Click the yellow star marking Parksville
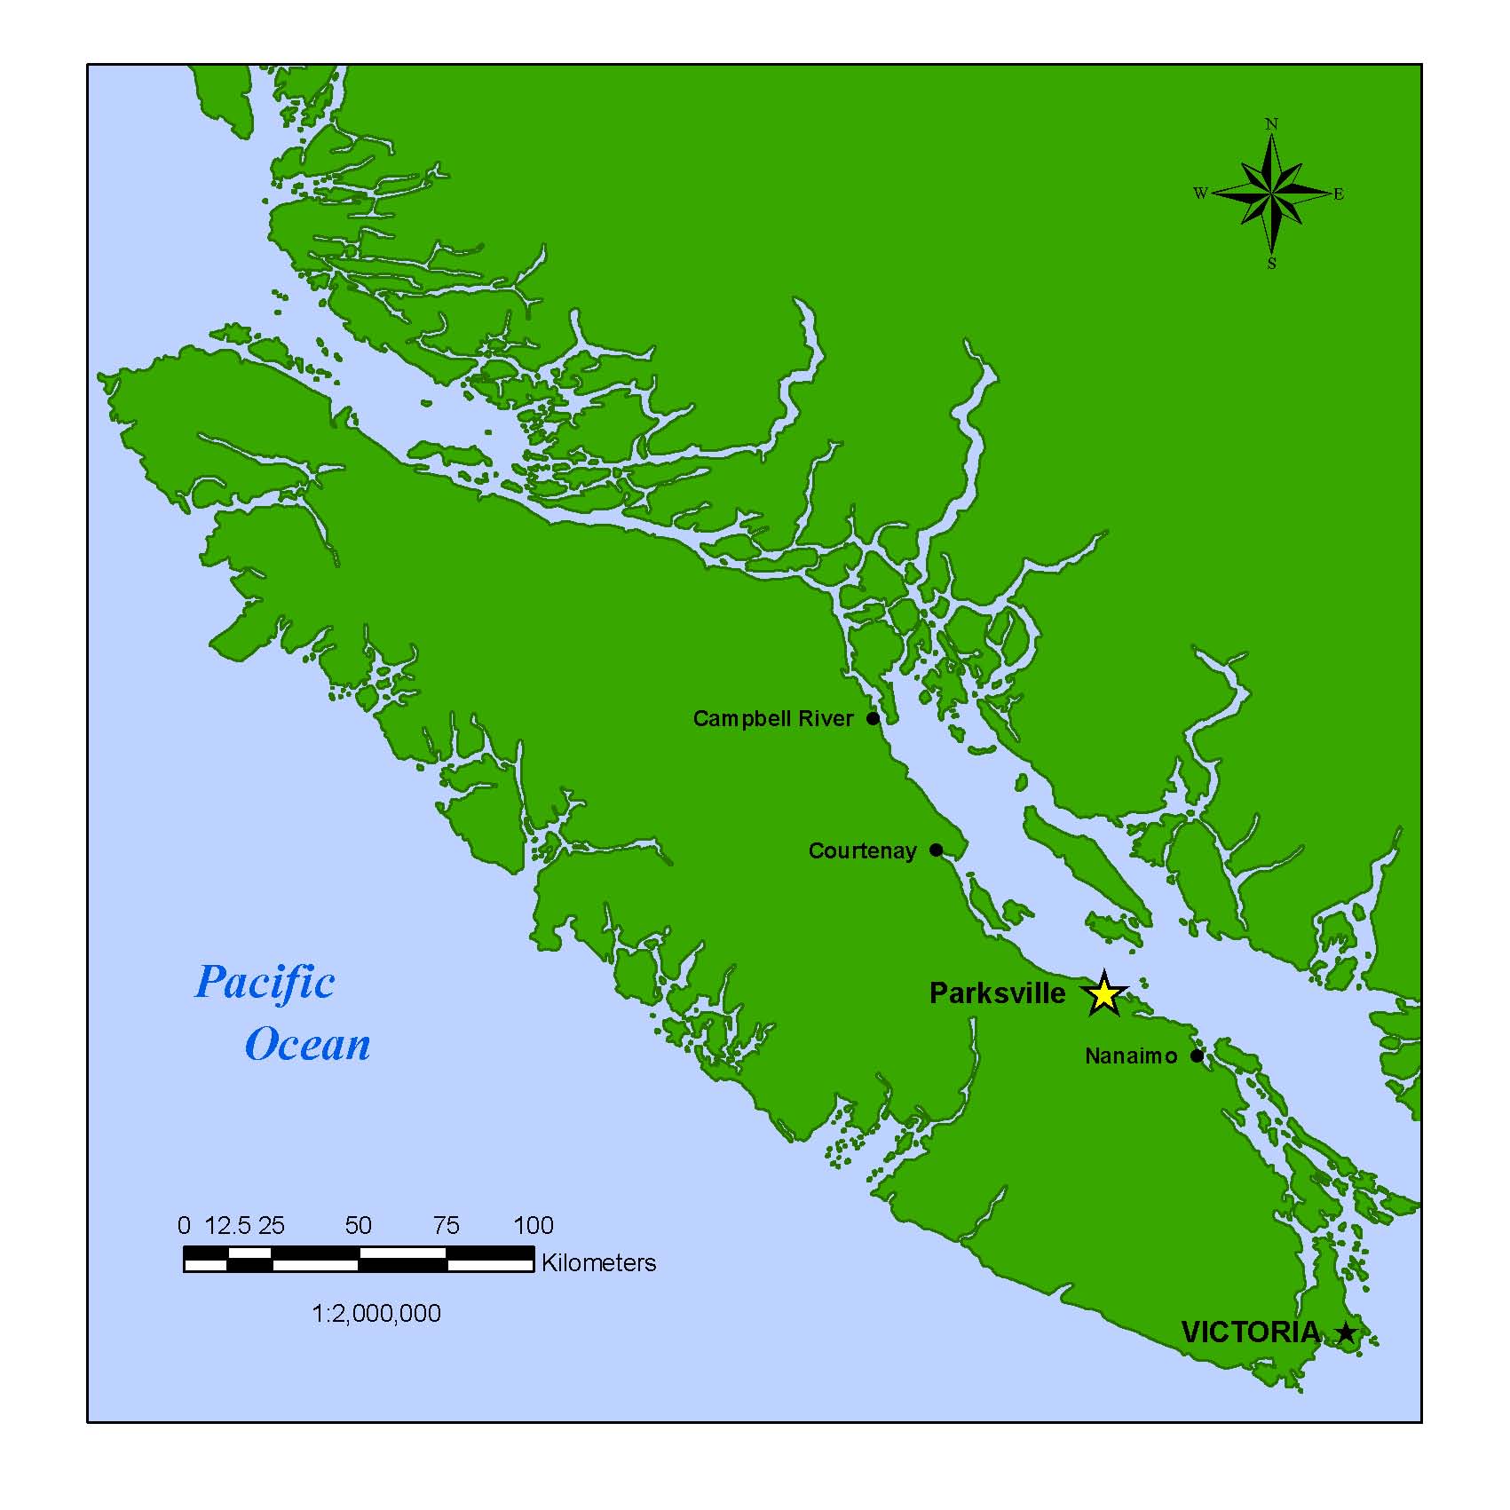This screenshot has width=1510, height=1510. click(x=1103, y=994)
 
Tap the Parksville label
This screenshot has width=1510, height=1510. click(x=997, y=993)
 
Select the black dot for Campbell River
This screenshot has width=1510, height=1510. click(x=873, y=718)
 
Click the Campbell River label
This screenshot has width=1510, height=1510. click(x=772, y=718)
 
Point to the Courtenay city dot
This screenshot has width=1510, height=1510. click(x=936, y=850)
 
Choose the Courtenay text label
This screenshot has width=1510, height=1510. click(x=862, y=850)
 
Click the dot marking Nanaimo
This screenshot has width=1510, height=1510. click(x=1197, y=1055)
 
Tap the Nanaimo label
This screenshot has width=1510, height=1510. click(x=1131, y=1055)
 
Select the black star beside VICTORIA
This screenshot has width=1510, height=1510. click(x=1347, y=1332)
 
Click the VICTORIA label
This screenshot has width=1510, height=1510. click(x=1250, y=1332)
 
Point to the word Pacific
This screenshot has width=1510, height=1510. click(x=265, y=983)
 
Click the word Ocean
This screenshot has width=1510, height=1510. click(x=307, y=1045)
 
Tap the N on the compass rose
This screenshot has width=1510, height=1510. click(x=1271, y=124)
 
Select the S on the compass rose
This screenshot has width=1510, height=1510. click(x=1271, y=264)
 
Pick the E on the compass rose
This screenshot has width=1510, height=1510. click(x=1339, y=194)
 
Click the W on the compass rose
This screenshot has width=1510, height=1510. click(x=1200, y=194)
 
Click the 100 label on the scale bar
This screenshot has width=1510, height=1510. click(x=533, y=1226)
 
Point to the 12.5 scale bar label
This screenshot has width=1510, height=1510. click(x=227, y=1226)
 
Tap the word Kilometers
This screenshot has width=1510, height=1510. click(x=598, y=1262)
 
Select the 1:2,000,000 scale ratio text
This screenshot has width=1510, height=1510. click(x=376, y=1313)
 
